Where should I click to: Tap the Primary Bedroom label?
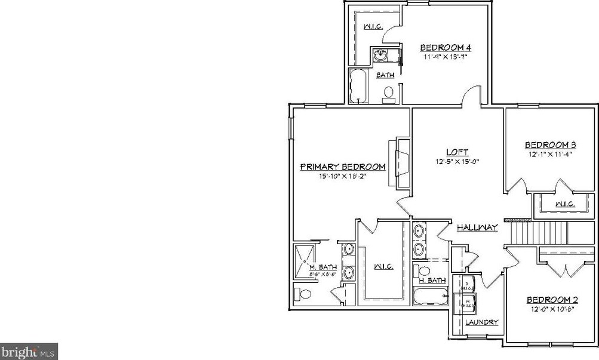[x=342, y=167]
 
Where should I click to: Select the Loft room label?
[x=457, y=152]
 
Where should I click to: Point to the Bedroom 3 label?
[x=550, y=145]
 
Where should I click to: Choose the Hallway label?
[x=477, y=227]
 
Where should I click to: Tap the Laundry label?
[x=482, y=322]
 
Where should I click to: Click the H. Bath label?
[x=432, y=280]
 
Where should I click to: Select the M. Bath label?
[x=322, y=267]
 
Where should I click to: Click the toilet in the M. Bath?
[x=302, y=294]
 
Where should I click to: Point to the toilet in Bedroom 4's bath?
[x=388, y=94]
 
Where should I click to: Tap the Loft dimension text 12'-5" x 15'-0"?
[x=457, y=161]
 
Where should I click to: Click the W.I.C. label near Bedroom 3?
[x=564, y=204]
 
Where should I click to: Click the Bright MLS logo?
[x=29, y=352]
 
